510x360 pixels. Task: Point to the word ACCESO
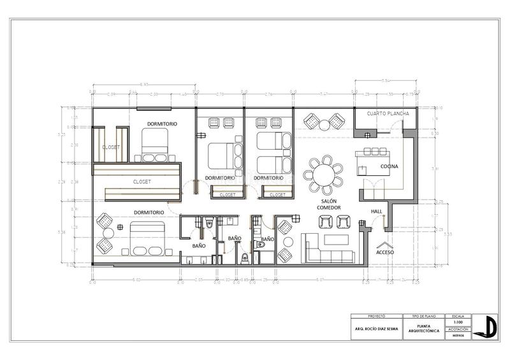pyautogui.click(x=385, y=252)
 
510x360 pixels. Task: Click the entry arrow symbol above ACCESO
pyautogui.click(x=385, y=243)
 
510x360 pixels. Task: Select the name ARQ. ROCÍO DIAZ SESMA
pyautogui.click(x=377, y=329)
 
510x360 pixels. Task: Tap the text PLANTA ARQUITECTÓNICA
pyautogui.click(x=424, y=329)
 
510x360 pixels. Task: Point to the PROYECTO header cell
pyautogui.click(x=377, y=315)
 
